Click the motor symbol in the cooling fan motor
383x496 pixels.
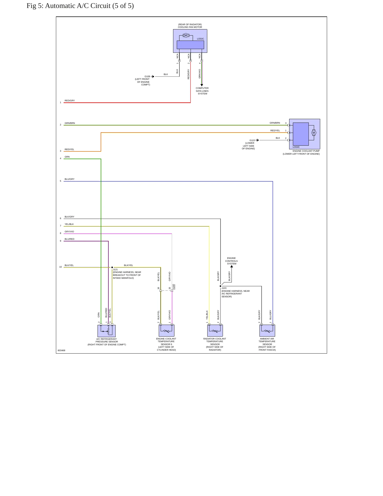pos(186,35)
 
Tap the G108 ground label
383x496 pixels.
pos(147,76)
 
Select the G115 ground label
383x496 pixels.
pos(252,140)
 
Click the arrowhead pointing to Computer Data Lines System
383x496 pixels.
pos(202,85)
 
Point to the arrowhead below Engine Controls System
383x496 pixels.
pos(232,266)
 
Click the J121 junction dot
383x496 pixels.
pos(112,267)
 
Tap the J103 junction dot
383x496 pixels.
pos(221,286)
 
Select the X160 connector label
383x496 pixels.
pos(174,287)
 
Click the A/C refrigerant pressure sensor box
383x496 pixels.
pos(107,331)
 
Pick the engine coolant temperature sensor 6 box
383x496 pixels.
pos(166,330)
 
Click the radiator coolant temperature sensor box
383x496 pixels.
pos(215,330)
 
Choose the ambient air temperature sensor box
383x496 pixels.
pos(267,330)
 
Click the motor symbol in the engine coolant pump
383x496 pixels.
pos(314,133)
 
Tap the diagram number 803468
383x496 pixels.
pos(61,350)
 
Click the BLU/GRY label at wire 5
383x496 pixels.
pos(69,179)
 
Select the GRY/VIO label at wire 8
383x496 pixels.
pos(69,232)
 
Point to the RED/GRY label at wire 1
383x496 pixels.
pos(70,101)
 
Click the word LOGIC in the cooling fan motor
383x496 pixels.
pos(200,39)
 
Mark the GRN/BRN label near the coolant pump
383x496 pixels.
pos(275,123)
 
